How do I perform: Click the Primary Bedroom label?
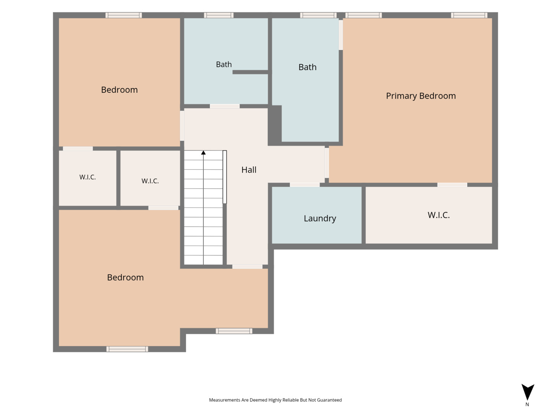(x=421, y=96)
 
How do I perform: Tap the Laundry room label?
(x=320, y=218)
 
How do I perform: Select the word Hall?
(x=248, y=170)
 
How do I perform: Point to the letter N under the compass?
(x=527, y=404)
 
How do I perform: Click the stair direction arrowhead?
(x=203, y=153)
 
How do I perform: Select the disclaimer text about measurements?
(x=275, y=400)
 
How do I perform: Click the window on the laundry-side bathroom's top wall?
(x=318, y=15)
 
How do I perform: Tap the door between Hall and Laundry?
(x=305, y=185)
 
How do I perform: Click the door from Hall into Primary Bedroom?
(x=327, y=163)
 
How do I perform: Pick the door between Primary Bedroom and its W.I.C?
(x=452, y=185)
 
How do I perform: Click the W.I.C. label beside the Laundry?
(x=438, y=215)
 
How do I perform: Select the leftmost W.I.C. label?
(x=87, y=177)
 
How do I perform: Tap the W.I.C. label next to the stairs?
(x=150, y=181)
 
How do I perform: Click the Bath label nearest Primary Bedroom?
(x=307, y=67)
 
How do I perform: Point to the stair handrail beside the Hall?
(x=225, y=177)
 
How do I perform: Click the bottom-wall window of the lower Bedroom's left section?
(x=127, y=349)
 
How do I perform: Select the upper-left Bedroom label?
(x=119, y=90)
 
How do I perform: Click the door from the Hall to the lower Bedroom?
(x=247, y=266)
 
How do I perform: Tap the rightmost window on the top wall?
(x=469, y=15)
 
